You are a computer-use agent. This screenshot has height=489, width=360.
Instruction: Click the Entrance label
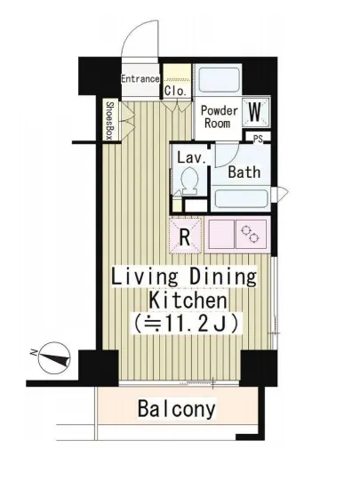(140, 79)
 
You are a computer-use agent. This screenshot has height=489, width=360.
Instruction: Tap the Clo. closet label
(175, 91)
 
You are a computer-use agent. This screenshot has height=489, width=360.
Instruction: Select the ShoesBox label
(110, 120)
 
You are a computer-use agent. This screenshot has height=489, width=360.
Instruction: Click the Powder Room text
(219, 117)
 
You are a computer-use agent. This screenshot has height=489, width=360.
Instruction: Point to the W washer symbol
(255, 112)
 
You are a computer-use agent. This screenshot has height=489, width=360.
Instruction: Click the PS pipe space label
(258, 139)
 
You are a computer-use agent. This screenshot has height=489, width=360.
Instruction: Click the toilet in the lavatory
(189, 181)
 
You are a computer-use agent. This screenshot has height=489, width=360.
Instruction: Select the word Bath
(244, 172)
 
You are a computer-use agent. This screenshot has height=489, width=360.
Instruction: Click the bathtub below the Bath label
(241, 198)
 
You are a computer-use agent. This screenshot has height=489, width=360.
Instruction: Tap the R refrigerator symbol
(185, 236)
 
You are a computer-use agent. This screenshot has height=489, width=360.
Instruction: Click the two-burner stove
(251, 234)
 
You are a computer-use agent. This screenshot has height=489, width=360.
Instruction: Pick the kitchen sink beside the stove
(221, 234)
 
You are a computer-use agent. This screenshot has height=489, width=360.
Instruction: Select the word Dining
(223, 277)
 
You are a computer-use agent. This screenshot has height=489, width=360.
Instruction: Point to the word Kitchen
(188, 300)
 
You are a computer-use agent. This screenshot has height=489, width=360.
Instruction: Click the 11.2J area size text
(186, 324)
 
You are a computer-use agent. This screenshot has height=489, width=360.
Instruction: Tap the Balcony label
(176, 409)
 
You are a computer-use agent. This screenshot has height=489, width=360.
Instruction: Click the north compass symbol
(53, 358)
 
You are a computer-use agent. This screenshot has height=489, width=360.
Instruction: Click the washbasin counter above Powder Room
(218, 79)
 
